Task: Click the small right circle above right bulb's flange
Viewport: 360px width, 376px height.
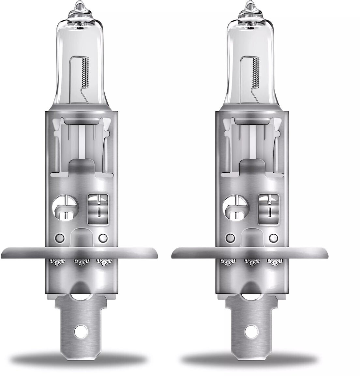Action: [x=274, y=237]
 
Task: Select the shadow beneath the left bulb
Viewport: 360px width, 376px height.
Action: [x=78, y=359]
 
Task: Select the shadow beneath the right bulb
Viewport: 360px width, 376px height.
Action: [x=249, y=359]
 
